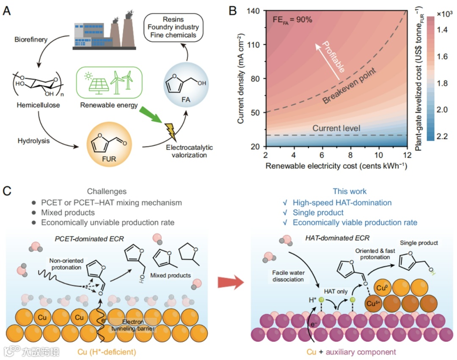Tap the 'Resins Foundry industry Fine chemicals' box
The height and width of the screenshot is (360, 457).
point(175,27)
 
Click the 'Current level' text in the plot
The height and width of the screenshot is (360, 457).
point(336,128)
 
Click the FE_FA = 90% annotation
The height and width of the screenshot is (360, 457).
point(292,19)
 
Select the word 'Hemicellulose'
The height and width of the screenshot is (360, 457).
point(36,105)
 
